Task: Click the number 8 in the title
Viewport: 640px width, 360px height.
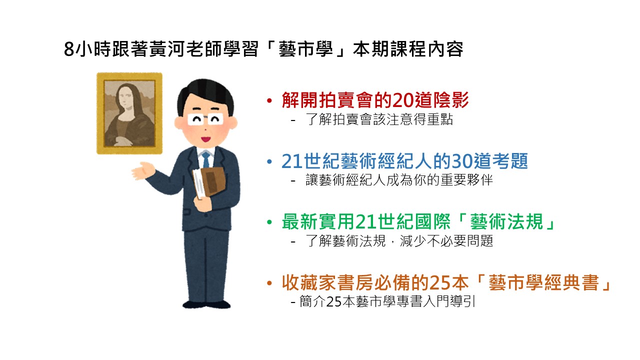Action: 69,49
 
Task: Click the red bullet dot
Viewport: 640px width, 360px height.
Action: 269,100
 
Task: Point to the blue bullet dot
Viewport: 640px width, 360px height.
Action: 269,161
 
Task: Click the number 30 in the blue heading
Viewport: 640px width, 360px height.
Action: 462,161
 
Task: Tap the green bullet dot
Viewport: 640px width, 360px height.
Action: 269,222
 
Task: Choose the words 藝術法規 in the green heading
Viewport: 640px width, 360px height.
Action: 506,221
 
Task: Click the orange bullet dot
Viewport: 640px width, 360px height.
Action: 269,283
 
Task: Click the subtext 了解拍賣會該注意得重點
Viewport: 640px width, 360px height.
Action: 379,119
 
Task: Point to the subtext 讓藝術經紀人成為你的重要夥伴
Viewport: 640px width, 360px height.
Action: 399,180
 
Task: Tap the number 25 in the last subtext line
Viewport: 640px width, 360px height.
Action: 333,301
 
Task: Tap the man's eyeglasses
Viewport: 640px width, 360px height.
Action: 205,119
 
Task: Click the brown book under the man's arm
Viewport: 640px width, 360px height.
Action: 212,181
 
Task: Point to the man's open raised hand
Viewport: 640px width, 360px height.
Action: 143,171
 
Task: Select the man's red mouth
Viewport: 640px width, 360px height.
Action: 205,139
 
